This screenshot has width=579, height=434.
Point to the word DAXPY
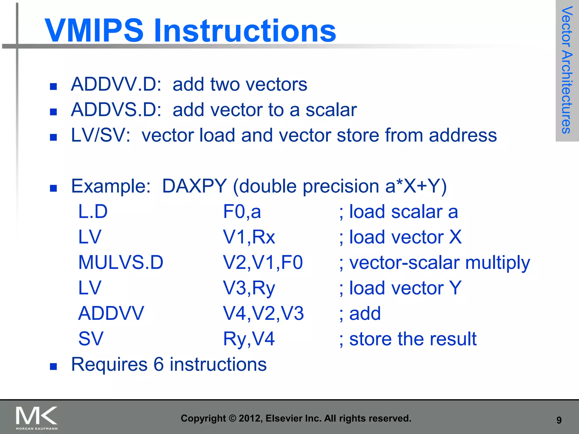(195, 186)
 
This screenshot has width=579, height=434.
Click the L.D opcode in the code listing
(93, 211)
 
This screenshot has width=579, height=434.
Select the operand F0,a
(242, 212)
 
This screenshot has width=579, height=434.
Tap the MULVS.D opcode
(121, 262)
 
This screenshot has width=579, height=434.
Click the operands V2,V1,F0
(263, 262)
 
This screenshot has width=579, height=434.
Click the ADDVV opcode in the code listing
(111, 313)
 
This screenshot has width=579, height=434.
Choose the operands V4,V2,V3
(263, 313)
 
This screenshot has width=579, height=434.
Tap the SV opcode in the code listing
(91, 339)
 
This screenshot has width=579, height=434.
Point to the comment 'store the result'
(413, 339)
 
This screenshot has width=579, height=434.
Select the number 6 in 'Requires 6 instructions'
(159, 364)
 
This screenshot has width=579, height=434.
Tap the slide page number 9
(559, 420)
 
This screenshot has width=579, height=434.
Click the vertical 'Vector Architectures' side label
(567, 70)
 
